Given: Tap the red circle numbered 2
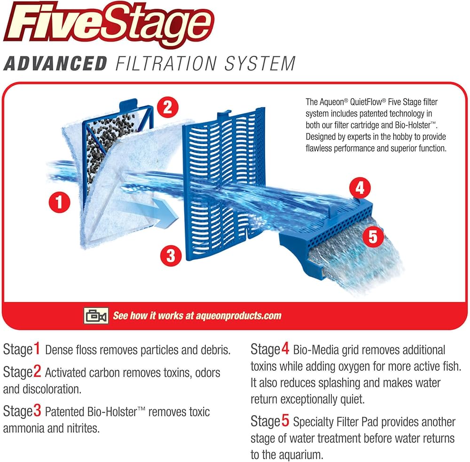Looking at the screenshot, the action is pos(168,107).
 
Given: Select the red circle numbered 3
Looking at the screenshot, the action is pos(171,255).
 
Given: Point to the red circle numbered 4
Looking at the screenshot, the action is pos(360,188).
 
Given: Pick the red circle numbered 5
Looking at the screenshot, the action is pos(373,236).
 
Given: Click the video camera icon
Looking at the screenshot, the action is pos(96,316).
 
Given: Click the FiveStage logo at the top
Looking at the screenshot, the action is pos(109,24).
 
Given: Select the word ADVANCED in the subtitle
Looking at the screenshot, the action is pos(55,63).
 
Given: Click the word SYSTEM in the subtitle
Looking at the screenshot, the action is pos(260,63).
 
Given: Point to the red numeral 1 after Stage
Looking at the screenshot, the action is pos(37,349).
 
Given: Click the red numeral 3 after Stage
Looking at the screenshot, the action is pos(37,410).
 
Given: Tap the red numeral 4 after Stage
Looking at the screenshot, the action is pos(285,349).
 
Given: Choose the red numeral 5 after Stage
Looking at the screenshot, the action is pos(285,421).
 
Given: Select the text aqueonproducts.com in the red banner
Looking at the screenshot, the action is pos(239,316).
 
